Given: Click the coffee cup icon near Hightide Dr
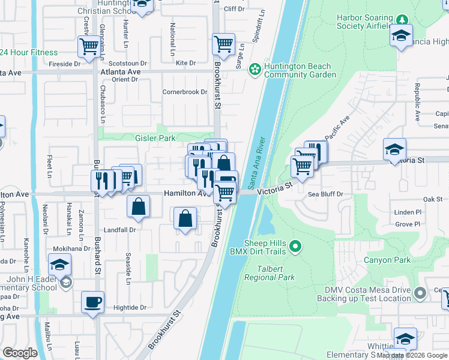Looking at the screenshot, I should (92, 302).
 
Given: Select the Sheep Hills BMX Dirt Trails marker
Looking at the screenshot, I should (295, 246).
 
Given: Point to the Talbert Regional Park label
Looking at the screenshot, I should (270, 273).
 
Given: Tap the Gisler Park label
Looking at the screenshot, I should (155, 138).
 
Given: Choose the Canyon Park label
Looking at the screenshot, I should (387, 260).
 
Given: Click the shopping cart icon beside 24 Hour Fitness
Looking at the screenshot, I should (89, 46).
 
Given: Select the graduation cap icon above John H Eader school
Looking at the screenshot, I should (60, 265).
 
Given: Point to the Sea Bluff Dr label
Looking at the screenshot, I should (325, 194).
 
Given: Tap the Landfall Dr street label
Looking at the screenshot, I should (121, 229).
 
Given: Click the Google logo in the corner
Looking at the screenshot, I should (20, 353).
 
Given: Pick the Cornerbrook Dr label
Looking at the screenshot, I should (185, 92).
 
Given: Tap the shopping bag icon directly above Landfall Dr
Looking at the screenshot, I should (139, 206).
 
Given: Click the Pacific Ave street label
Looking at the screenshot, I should (337, 128).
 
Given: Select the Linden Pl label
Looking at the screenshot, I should (408, 212).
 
